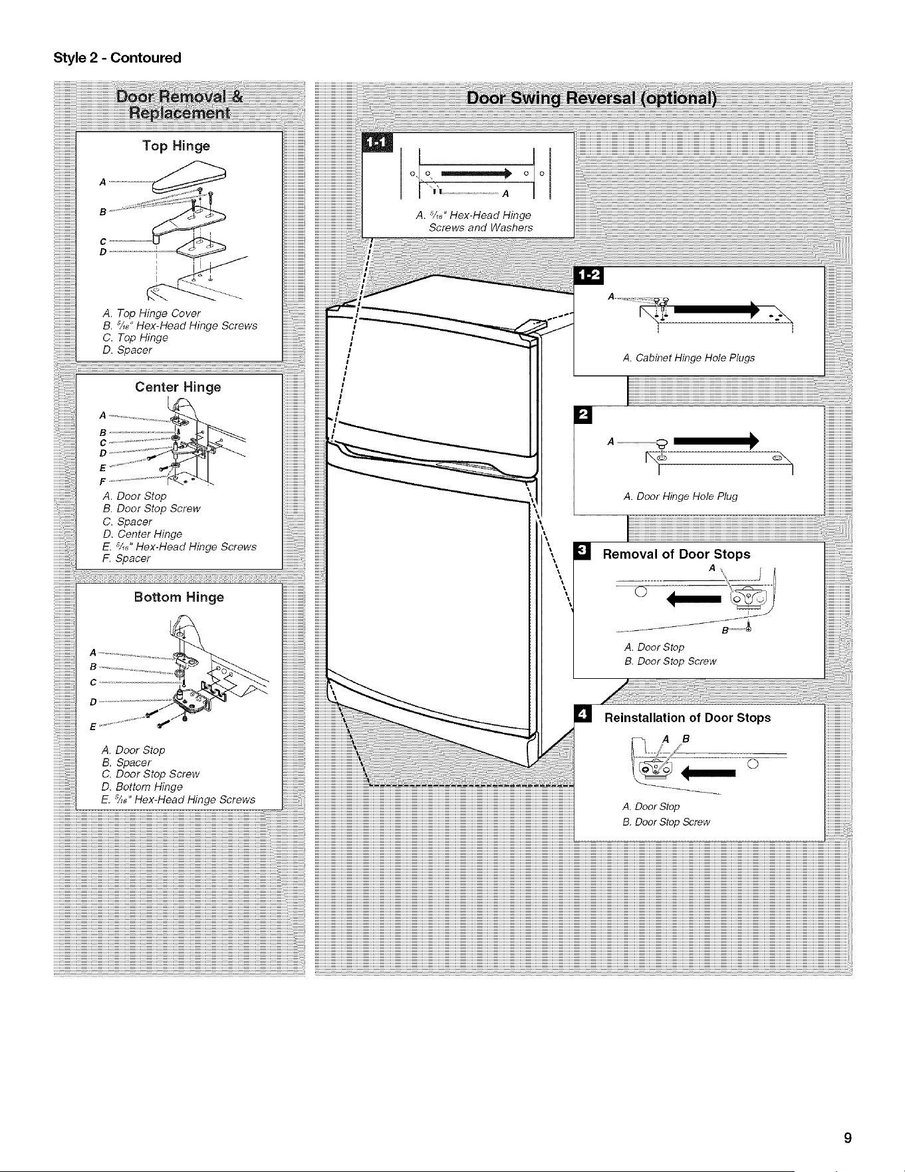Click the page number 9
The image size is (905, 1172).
[847, 1137]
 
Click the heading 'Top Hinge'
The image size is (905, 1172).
[176, 146]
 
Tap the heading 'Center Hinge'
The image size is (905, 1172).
[178, 387]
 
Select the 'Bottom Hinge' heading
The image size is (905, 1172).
[179, 597]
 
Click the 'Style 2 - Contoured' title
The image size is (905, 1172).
[117, 58]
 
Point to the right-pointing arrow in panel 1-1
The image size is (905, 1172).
[475, 174]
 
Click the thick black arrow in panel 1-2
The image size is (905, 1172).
[715, 309]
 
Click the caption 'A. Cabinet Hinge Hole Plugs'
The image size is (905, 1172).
[689, 358]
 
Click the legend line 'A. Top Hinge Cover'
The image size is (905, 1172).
[152, 313]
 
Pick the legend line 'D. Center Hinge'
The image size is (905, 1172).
[142, 534]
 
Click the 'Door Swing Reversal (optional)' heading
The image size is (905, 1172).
[592, 98]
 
